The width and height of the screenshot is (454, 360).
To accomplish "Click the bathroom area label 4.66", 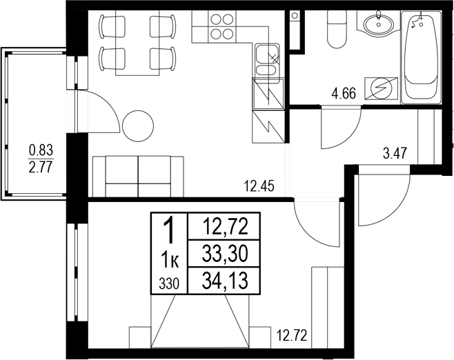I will tap(343, 94).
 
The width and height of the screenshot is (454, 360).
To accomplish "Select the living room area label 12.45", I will tap(259, 185).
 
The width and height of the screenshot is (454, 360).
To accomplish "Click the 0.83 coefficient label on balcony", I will tap(41, 149).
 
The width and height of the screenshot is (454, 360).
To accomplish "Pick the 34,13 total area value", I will tap(226, 279).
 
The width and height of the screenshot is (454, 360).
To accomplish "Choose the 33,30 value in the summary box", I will tap(226, 253).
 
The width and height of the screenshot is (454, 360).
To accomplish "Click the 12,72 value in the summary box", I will tap(226, 225).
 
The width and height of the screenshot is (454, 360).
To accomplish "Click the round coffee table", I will tap(139, 126).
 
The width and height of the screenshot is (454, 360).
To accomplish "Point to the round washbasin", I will tap(377, 26).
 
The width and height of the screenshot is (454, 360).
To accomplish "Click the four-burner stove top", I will tap(220, 28).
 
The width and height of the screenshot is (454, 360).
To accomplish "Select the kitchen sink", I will tap(266, 61).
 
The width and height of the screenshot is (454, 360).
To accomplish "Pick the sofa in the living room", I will tap(138, 176).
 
